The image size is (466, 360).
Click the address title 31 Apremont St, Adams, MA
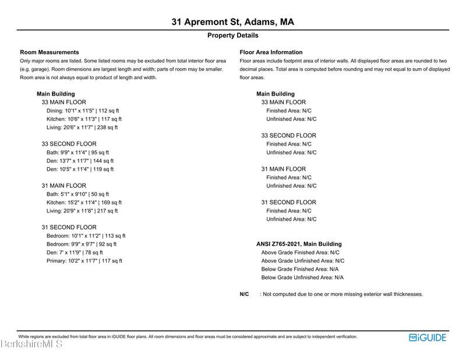click(232, 22)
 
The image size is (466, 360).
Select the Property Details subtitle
click(232, 36)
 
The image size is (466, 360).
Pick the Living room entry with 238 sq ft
click(82, 127)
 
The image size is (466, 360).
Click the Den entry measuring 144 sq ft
click(80, 161)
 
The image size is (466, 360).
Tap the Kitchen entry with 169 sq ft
click(84, 203)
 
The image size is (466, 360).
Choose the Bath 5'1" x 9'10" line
click(77, 194)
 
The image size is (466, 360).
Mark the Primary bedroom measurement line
click(84, 261)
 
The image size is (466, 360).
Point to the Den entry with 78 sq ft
click(75, 252)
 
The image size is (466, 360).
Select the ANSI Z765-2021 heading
click(299, 244)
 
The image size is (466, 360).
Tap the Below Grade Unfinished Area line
click(302, 278)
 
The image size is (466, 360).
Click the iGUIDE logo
click(428, 337)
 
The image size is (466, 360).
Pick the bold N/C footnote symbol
click(245, 294)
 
